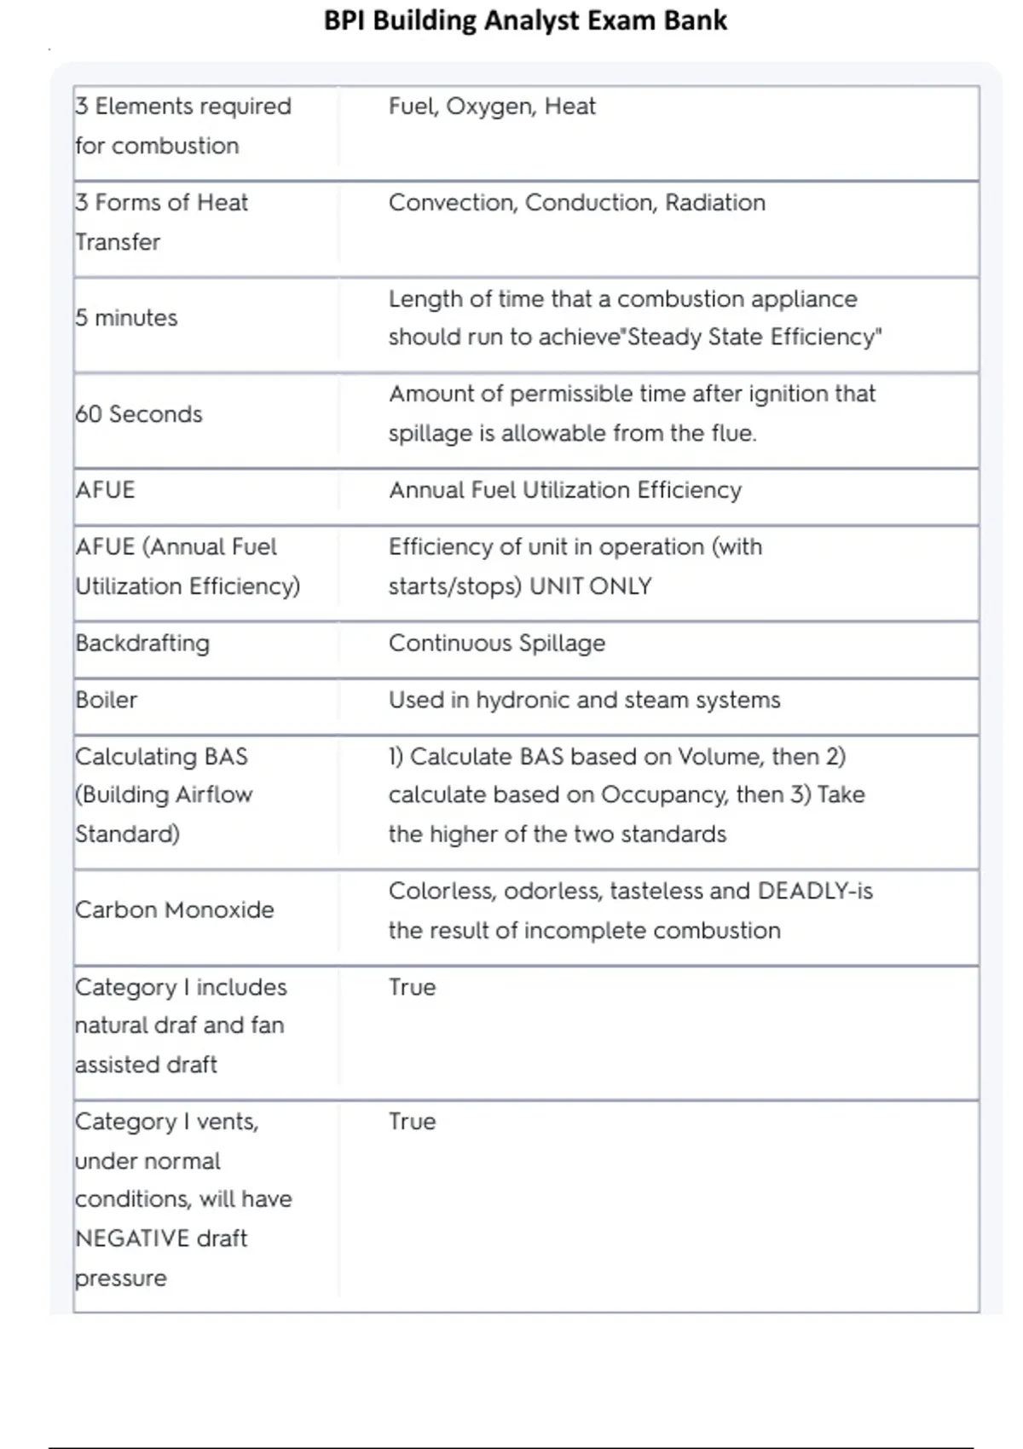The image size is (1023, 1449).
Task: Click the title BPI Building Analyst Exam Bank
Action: [525, 20]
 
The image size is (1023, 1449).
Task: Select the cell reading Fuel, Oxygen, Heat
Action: [492, 107]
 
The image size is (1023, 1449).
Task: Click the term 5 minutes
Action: [126, 318]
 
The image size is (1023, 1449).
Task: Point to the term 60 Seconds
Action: [138, 414]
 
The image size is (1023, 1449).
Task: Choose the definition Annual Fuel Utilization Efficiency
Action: [564, 490]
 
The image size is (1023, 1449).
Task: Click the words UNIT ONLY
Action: [591, 586]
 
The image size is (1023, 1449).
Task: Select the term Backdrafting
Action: [142, 644]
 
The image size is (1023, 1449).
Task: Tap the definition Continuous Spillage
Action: [496, 644]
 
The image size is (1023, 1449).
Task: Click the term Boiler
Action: [106, 700]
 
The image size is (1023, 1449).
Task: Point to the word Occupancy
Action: [664, 795]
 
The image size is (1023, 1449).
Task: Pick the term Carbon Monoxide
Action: [174, 910]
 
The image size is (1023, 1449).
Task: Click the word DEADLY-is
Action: [814, 892]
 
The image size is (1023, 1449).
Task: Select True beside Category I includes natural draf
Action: [412, 987]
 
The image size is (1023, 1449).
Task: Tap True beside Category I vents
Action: [412, 1122]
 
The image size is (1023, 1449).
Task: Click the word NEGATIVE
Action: [132, 1238]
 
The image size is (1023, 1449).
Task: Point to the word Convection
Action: [452, 203]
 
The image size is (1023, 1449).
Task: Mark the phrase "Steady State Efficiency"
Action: [754, 338]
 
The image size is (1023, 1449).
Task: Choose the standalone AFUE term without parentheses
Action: [105, 490]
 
